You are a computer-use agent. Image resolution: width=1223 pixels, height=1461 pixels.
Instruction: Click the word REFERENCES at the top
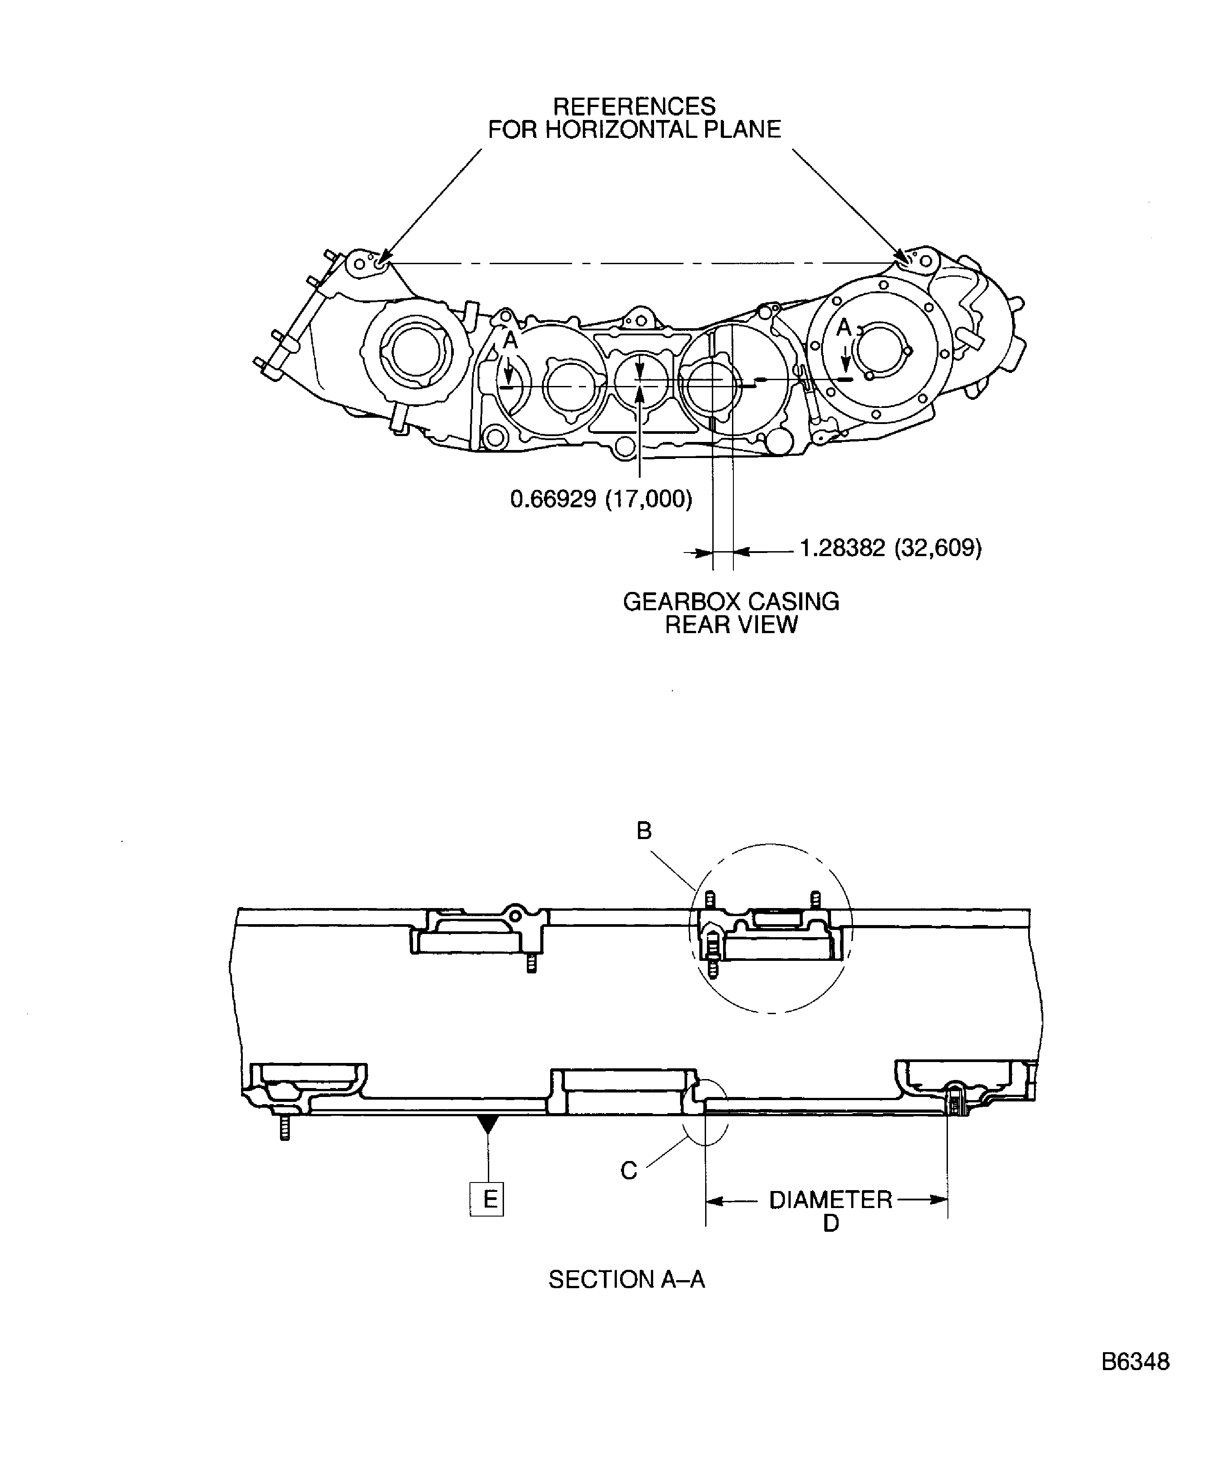click(x=634, y=107)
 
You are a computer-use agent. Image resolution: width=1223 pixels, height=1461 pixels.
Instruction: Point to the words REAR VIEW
click(x=731, y=625)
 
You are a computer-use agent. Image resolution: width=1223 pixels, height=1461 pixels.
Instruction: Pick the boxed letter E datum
click(x=487, y=1200)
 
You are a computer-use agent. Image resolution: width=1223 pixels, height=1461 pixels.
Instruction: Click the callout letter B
click(x=644, y=831)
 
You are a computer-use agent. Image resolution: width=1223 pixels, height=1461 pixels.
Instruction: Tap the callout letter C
click(x=629, y=1171)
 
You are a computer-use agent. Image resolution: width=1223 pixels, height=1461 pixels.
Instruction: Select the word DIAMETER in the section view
click(x=831, y=1200)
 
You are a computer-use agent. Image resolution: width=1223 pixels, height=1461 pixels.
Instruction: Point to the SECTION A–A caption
click(x=626, y=1279)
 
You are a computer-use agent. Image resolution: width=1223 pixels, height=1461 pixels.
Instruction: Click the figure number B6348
click(x=1135, y=1381)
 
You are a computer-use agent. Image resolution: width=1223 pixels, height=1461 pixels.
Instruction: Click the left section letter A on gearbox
click(x=510, y=340)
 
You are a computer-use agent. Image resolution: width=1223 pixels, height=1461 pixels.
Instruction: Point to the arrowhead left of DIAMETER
click(x=715, y=1200)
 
